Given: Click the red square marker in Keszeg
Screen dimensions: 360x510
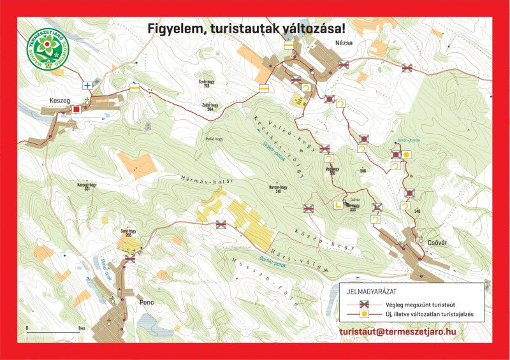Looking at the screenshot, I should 76,109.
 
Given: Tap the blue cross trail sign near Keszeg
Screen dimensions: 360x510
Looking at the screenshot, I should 87,85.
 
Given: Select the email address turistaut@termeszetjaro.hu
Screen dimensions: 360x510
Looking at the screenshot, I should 398,331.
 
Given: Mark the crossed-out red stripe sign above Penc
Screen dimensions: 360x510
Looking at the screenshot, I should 130,259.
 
